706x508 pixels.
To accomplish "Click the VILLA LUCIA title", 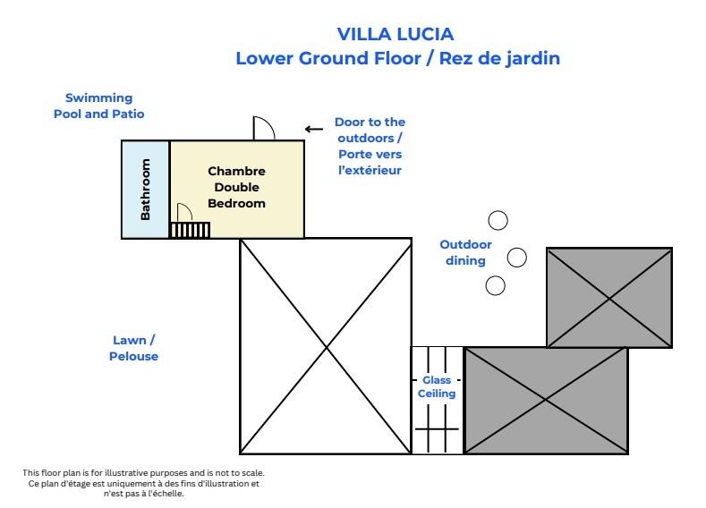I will (x=396, y=34).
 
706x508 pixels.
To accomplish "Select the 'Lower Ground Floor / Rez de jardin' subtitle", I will (x=397, y=59).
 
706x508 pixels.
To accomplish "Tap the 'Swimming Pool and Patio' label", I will (x=98, y=106).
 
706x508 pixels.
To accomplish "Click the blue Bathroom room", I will (x=146, y=189).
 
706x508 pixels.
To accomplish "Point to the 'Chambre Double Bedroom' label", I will (x=236, y=187).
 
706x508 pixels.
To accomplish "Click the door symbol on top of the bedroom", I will (x=264, y=129).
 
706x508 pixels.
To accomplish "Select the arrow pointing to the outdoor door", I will (x=313, y=129).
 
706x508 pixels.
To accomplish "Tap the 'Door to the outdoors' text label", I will (x=369, y=146).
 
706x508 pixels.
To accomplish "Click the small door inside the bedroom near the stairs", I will (x=183, y=212).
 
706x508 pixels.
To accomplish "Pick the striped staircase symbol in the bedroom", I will (x=190, y=231).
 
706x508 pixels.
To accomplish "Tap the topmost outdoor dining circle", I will (x=497, y=220).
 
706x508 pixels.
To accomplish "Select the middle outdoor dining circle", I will (x=517, y=258).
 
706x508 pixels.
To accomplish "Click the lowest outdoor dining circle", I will (x=495, y=285).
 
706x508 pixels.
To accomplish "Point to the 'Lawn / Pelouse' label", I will (x=135, y=348).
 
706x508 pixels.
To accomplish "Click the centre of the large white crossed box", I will (x=325, y=346).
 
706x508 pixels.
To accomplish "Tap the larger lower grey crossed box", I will (x=545, y=400).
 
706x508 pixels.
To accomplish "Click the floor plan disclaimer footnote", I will (x=143, y=483).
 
